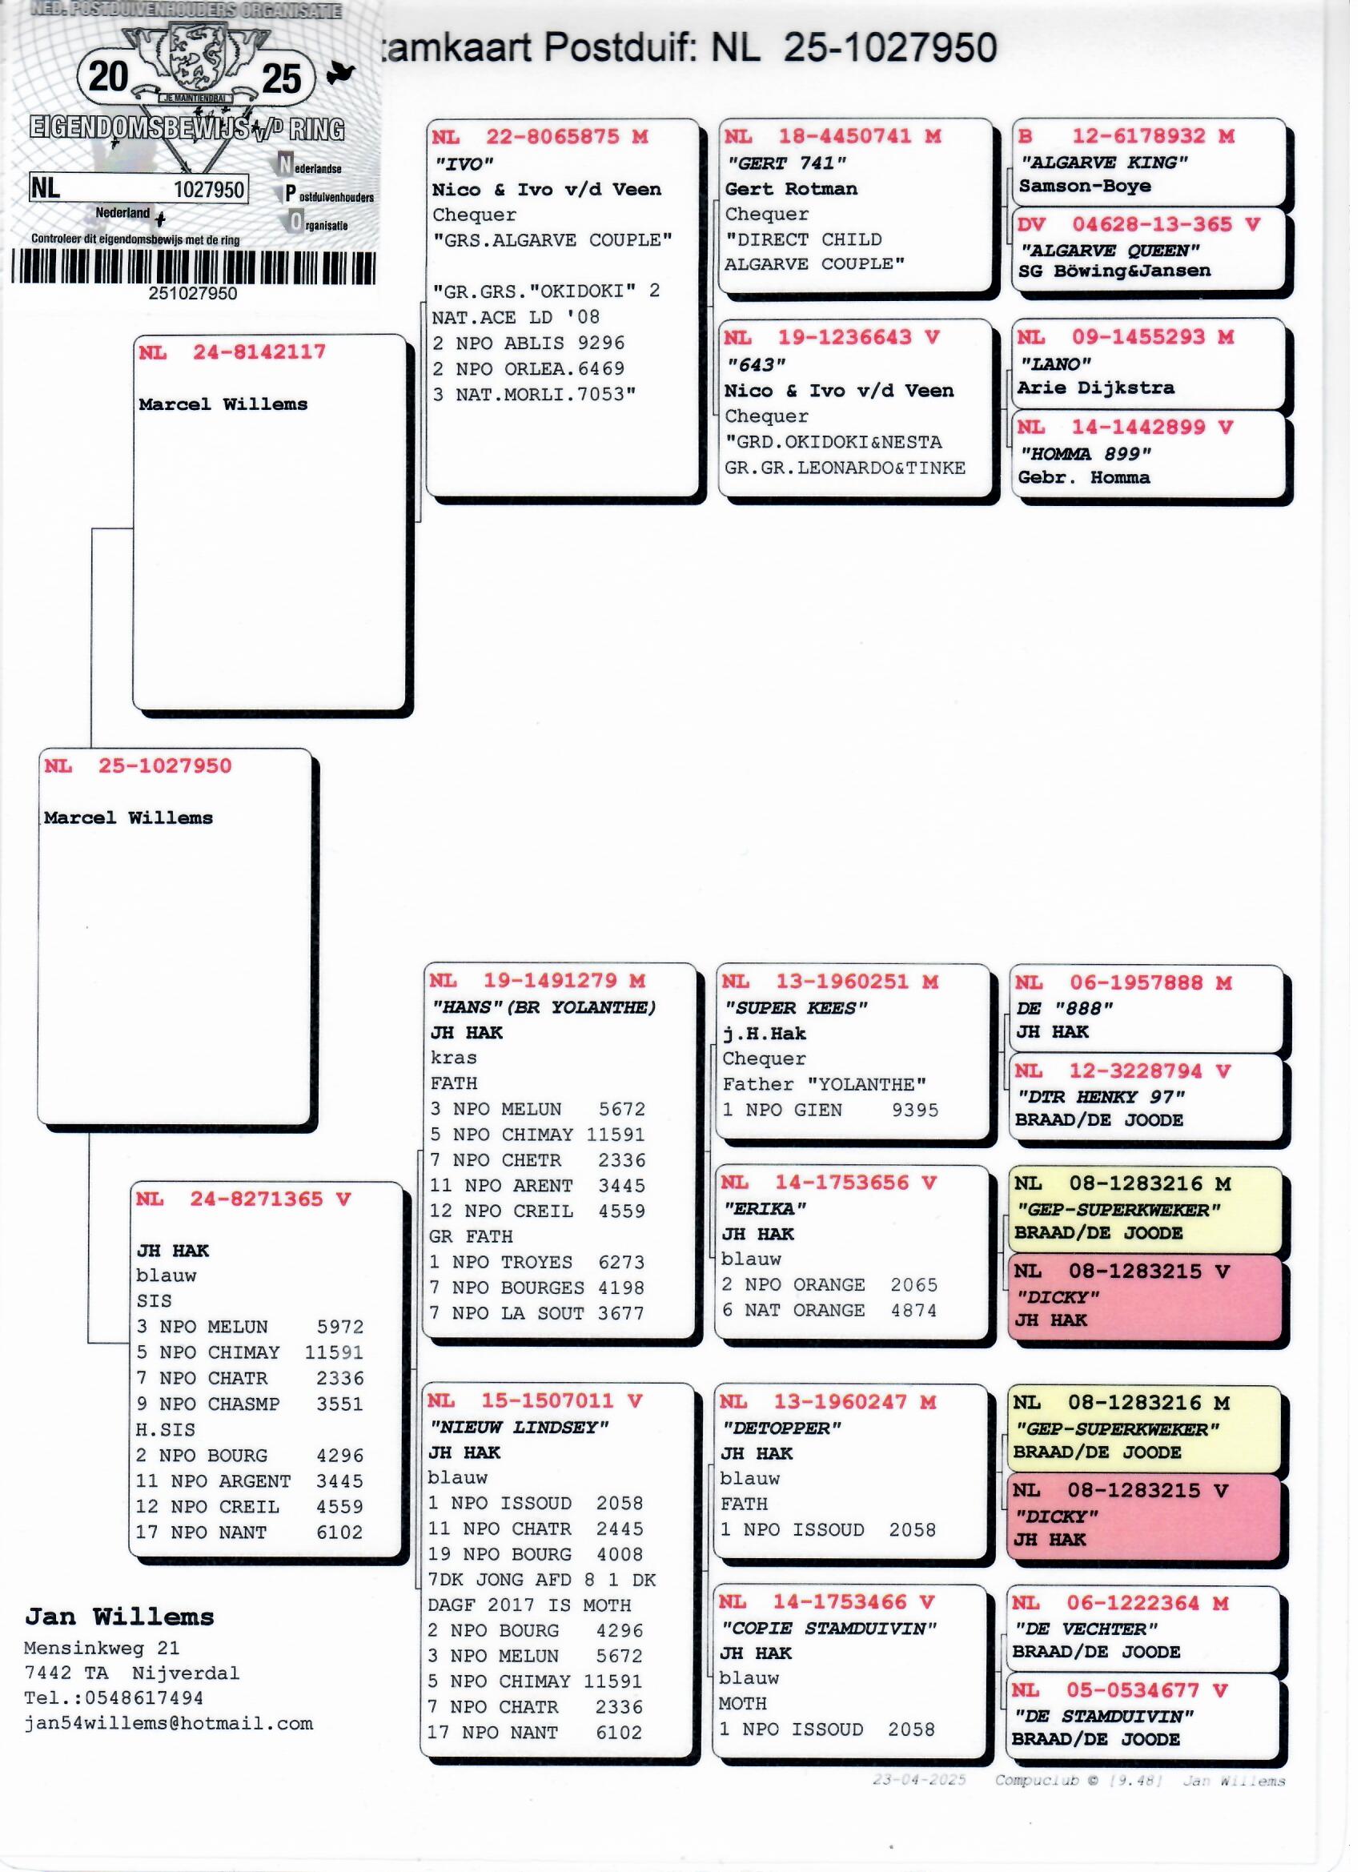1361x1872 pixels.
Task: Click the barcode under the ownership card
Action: pyautogui.click(x=193, y=268)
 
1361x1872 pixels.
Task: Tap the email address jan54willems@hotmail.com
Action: pyautogui.click(x=168, y=1722)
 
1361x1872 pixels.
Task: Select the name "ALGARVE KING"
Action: pyautogui.click(x=1103, y=163)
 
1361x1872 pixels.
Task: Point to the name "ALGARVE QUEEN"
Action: pyautogui.click(x=1110, y=250)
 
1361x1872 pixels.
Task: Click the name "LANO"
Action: pyautogui.click(x=1056, y=364)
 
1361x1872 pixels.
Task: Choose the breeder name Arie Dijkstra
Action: pyautogui.click(x=1095, y=388)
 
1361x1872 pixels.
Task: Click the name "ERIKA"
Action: pyautogui.click(x=765, y=1209)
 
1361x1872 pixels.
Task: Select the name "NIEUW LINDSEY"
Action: pyautogui.click(x=518, y=1427)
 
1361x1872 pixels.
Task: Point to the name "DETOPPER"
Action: pyautogui.click(x=781, y=1428)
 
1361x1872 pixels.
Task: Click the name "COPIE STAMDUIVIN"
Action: pyautogui.click(x=829, y=1629)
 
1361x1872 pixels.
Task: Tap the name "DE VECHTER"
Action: pyautogui.click(x=1086, y=1629)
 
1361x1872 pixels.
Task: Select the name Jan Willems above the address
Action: pyautogui.click(x=119, y=1617)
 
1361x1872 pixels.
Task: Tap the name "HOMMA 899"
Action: pyautogui.click(x=1085, y=454)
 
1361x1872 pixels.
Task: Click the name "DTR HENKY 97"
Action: pyautogui.click(x=1101, y=1097)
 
